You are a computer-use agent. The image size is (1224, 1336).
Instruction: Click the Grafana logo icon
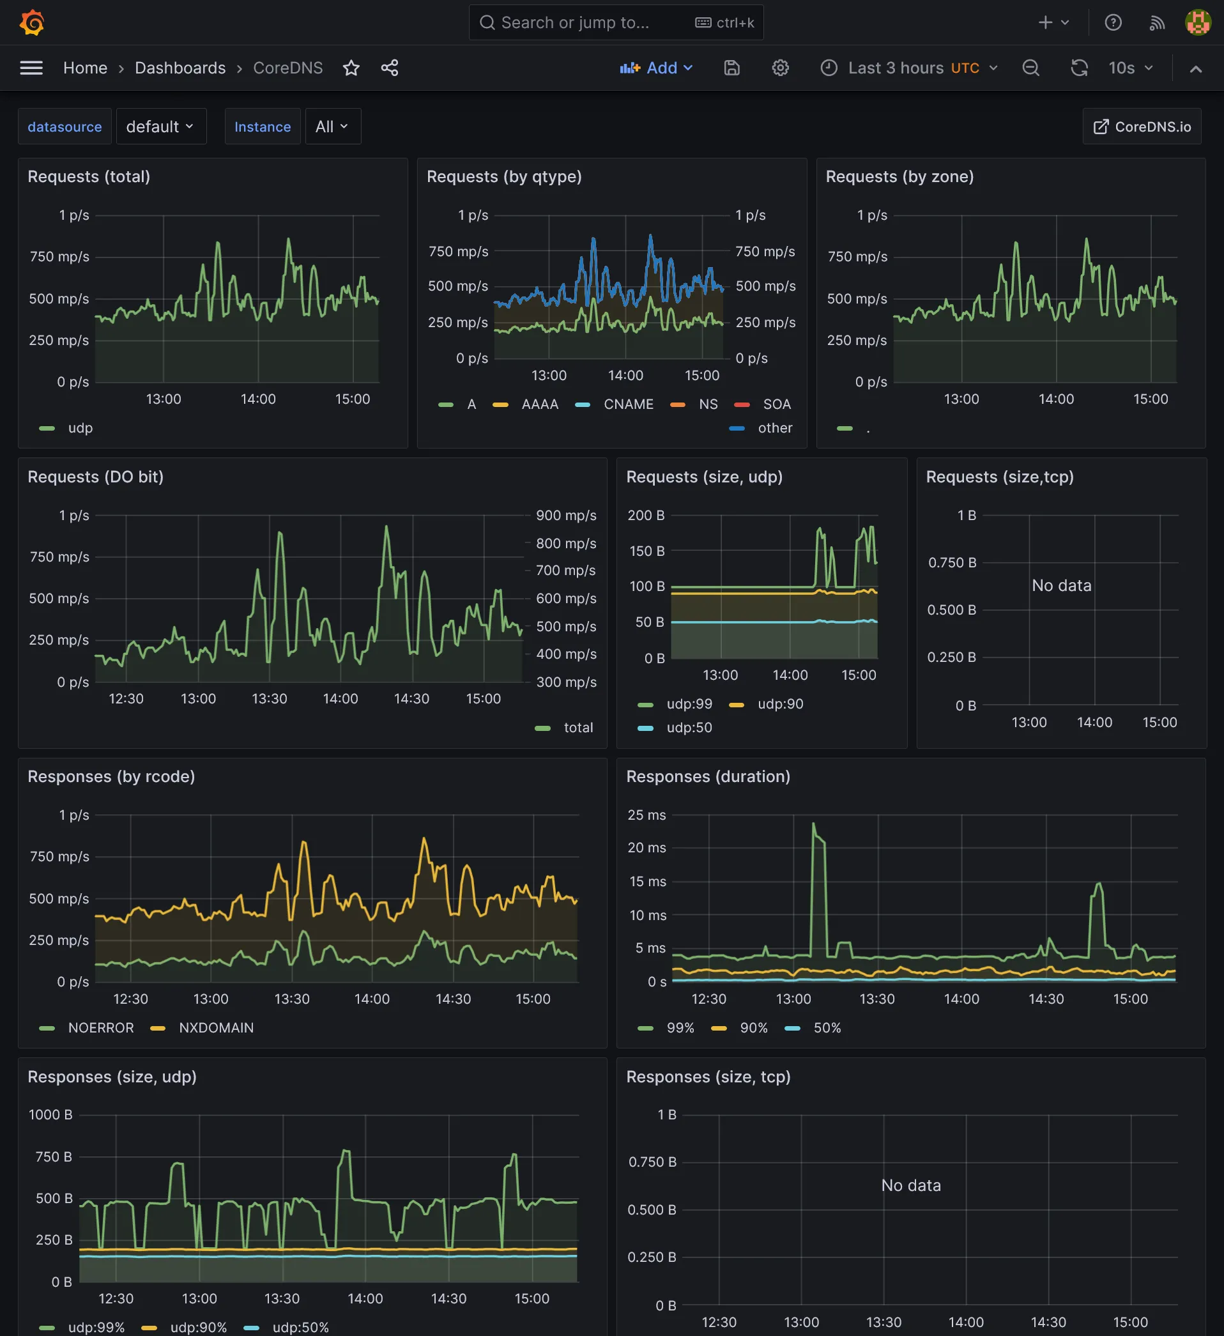click(x=32, y=22)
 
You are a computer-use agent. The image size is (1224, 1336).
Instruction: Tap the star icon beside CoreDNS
click(x=351, y=68)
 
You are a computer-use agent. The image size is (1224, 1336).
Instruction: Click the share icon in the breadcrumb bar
click(x=390, y=68)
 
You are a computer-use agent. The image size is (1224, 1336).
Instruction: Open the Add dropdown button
click(x=656, y=68)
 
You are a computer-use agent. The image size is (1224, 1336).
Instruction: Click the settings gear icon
click(x=780, y=68)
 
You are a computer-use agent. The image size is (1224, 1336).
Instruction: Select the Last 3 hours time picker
click(x=909, y=68)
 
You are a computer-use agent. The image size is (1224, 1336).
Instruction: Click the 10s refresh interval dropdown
click(x=1131, y=68)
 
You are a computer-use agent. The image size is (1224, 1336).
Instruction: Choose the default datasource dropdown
click(x=160, y=127)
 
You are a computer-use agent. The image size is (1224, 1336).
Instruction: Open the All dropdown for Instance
click(x=332, y=127)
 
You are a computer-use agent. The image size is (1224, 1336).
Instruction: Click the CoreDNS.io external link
click(x=1142, y=127)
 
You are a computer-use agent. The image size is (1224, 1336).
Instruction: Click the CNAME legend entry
click(x=627, y=404)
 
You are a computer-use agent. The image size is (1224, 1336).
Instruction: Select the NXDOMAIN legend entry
click(x=216, y=1028)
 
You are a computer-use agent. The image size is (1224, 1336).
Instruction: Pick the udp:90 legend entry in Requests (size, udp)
click(x=780, y=704)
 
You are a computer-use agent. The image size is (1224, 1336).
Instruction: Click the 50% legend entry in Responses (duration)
click(x=827, y=1028)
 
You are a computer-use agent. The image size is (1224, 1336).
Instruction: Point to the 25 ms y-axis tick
click(x=646, y=815)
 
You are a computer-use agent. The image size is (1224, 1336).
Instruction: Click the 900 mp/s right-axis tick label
click(x=565, y=516)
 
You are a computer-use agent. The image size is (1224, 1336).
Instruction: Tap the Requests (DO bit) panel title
click(x=95, y=477)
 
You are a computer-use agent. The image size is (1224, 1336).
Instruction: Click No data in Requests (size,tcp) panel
click(x=1061, y=586)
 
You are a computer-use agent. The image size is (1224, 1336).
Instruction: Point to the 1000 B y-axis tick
click(x=50, y=1115)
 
